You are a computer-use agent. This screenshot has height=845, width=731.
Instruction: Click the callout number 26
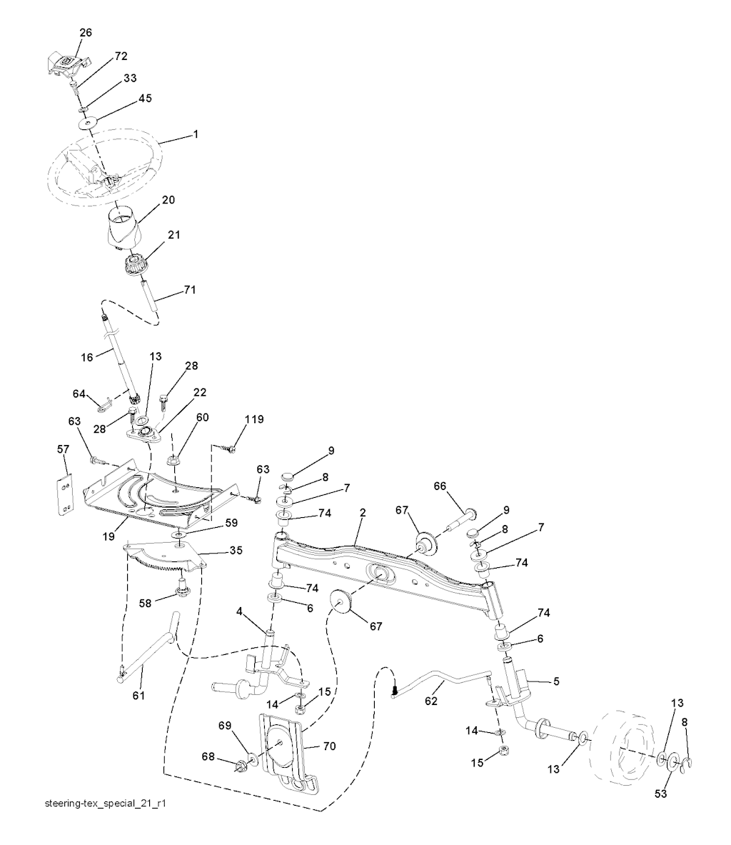[86, 32]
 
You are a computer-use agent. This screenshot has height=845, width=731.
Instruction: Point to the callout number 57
[64, 448]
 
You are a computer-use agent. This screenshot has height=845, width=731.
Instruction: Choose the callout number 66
[440, 487]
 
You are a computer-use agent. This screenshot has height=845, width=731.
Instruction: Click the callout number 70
[328, 746]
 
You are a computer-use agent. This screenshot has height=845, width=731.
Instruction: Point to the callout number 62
[431, 701]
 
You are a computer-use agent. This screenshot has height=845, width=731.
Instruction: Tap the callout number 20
[168, 200]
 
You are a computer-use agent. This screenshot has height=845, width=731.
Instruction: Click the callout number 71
[190, 289]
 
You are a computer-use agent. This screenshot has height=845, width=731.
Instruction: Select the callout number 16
[87, 357]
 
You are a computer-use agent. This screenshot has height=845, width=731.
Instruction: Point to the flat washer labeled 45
[89, 124]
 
